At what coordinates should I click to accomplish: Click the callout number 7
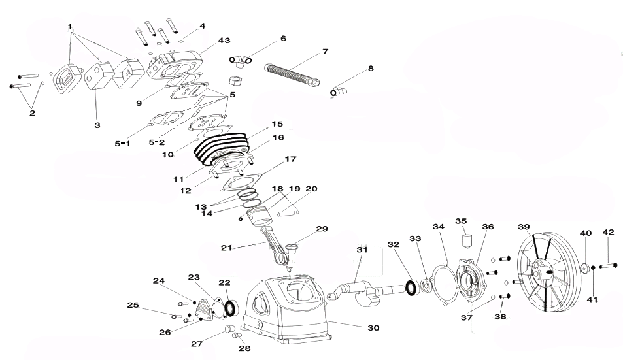click(x=325, y=51)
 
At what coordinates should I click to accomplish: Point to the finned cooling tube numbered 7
click(x=292, y=74)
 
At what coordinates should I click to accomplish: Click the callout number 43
click(x=224, y=41)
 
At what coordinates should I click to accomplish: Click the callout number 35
click(x=461, y=221)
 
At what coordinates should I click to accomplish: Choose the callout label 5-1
click(x=122, y=142)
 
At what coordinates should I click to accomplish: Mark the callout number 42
click(x=608, y=233)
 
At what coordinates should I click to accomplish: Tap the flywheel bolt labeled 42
click(x=607, y=265)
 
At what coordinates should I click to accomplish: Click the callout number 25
click(x=133, y=305)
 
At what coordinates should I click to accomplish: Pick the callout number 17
click(x=290, y=159)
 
